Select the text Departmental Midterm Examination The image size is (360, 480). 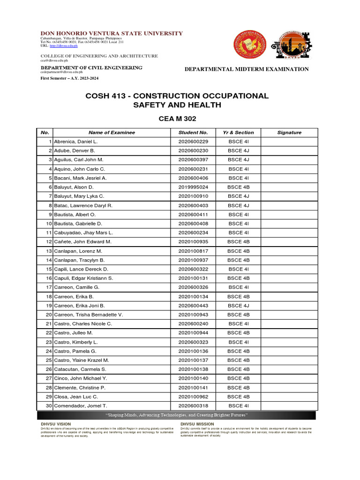coord(246,69)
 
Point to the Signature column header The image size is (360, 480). coord(289,133)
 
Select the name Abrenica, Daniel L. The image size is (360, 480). coord(76,142)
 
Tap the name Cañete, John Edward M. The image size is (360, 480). coord(82,242)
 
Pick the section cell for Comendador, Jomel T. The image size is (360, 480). coord(238,405)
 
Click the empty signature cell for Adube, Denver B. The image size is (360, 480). coord(289,151)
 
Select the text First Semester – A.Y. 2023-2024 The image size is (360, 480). coord(69,78)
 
